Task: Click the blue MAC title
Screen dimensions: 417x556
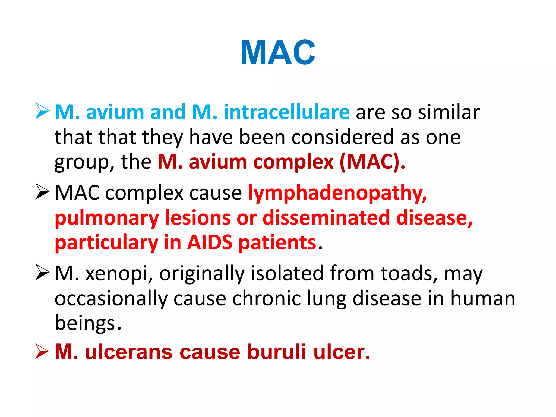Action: [278, 52]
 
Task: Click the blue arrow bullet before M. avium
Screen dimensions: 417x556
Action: [42, 111]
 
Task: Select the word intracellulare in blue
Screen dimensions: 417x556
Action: [286, 112]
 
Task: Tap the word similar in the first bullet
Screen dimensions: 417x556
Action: [448, 112]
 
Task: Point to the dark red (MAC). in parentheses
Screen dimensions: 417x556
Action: [372, 162]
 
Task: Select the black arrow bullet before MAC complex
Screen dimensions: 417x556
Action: [42, 192]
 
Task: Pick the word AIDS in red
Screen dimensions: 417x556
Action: [210, 242]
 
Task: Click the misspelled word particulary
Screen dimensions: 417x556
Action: [106, 243]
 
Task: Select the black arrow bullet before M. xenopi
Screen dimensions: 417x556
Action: [42, 272]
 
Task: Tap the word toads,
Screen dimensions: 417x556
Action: [409, 273]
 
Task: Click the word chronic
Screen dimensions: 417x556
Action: [267, 298]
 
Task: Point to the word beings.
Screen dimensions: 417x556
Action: [87, 323]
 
